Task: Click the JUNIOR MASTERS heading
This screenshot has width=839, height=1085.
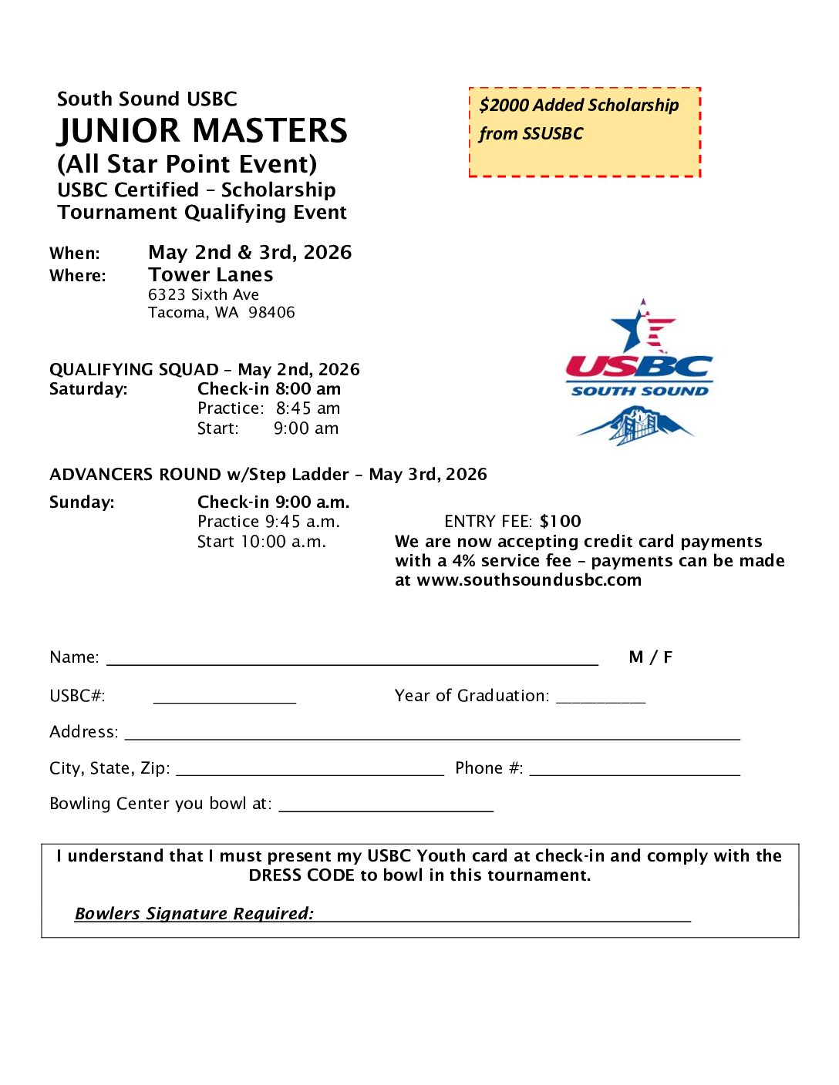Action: click(x=202, y=131)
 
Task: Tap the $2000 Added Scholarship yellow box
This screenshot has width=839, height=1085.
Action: click(x=585, y=132)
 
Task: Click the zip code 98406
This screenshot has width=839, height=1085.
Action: click(x=271, y=313)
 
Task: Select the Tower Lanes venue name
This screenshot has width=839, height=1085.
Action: click(x=211, y=275)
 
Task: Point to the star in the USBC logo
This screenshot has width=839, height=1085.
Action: click(x=635, y=328)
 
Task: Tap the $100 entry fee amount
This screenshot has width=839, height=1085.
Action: click(x=561, y=522)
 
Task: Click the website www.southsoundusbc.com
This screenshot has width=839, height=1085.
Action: click(x=529, y=580)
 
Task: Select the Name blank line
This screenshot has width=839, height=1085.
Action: click(x=352, y=660)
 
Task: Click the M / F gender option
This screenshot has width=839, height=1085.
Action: click(x=651, y=657)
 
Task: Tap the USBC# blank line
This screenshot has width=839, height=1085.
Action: click(x=224, y=699)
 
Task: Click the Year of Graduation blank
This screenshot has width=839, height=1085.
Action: click(x=601, y=699)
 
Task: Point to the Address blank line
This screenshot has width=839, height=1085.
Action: click(x=432, y=735)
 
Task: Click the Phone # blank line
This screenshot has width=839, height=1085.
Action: click(x=635, y=771)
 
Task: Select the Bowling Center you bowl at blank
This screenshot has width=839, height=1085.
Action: click(x=386, y=808)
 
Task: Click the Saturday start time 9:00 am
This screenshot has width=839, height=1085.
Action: click(x=306, y=428)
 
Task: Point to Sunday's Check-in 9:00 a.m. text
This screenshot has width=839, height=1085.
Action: click(x=273, y=502)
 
